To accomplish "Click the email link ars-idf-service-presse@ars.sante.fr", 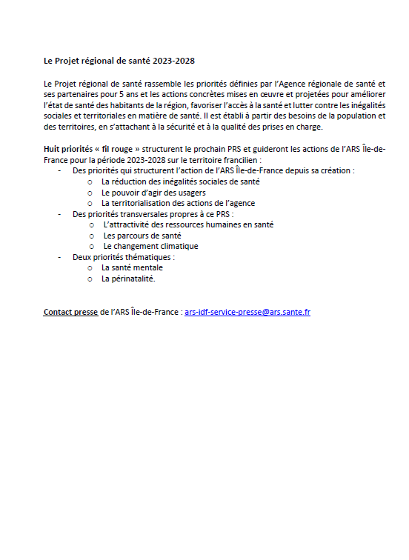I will pos(247,312).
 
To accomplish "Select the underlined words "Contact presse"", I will pos(70,312).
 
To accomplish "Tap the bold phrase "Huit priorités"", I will pos(69,149).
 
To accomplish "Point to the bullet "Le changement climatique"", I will pos(151,246).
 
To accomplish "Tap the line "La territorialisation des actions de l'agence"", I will pos(179,203).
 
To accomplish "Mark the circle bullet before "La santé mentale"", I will pos(90,268).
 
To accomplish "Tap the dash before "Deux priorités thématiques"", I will pos(59,257).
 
